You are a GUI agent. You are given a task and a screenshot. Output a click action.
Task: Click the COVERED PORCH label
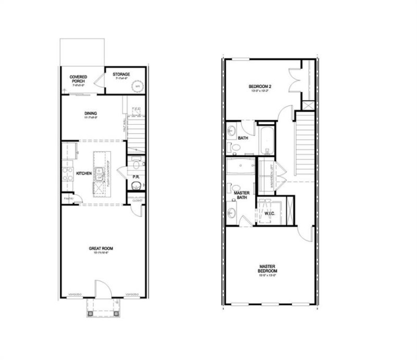[x=79, y=79]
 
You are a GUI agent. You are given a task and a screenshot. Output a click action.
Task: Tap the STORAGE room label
[x=121, y=75]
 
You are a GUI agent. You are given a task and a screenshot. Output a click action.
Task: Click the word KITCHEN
[x=84, y=173]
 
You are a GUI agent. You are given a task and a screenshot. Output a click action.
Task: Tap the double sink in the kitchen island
[x=97, y=176]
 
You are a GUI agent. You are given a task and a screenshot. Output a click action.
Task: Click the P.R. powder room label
[x=135, y=177]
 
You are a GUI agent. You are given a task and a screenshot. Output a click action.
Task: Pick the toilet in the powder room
[x=136, y=165]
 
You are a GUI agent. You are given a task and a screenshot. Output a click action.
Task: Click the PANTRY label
[x=67, y=198]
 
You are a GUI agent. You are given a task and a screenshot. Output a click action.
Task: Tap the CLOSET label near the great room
[x=137, y=199]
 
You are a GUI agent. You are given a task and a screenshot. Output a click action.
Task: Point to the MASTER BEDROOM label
[x=267, y=269]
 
